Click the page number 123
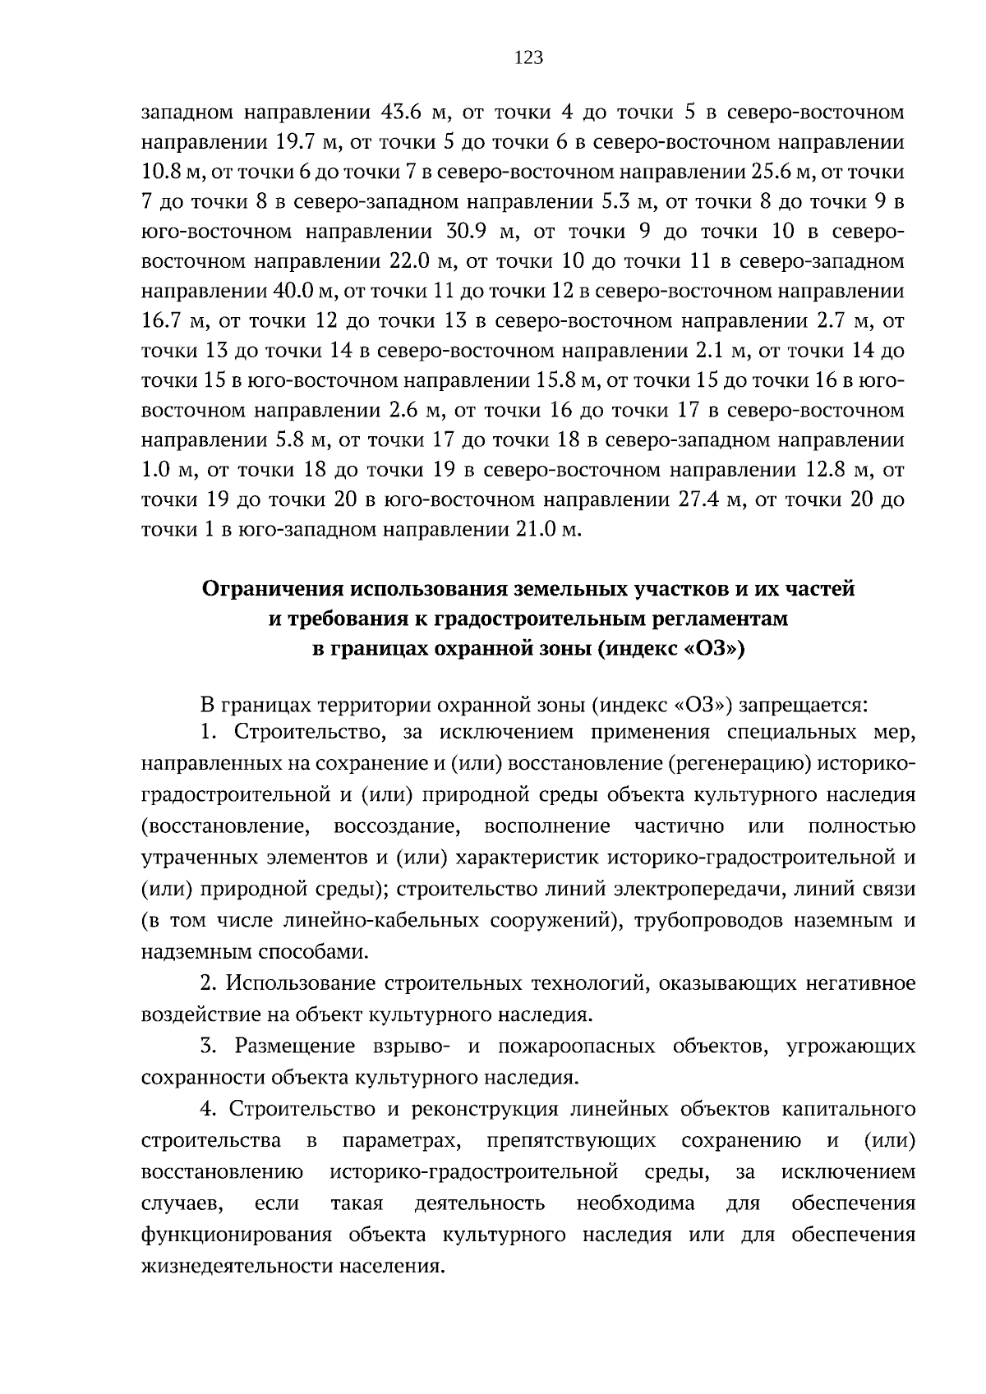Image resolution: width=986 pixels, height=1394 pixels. (528, 58)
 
